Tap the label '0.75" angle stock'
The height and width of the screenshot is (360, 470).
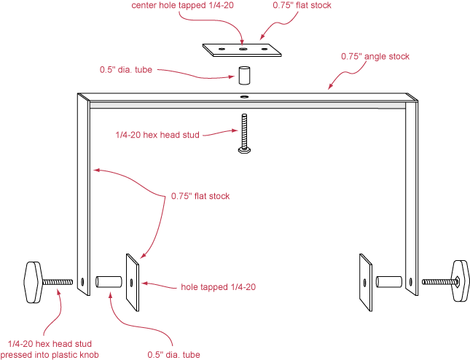pos(375,56)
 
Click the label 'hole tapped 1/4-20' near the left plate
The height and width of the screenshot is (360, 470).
pos(218,287)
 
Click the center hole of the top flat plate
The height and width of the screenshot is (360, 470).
pos(243,50)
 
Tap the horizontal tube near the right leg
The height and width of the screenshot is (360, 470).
pos(388,281)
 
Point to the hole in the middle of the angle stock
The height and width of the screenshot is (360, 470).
pos(244,96)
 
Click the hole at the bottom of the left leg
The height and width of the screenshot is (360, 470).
pos(82,281)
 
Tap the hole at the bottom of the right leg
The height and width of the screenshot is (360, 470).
pos(413,281)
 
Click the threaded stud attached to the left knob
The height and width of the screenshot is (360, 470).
pos(59,281)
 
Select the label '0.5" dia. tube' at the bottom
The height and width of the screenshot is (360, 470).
pos(173,355)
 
